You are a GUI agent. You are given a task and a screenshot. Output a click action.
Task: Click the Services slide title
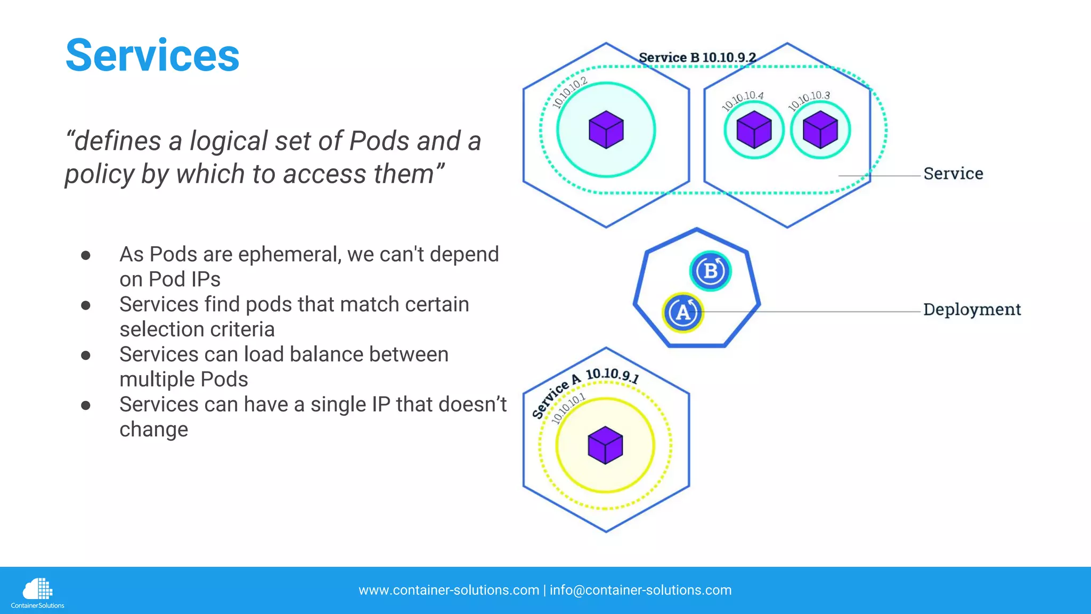[x=152, y=55]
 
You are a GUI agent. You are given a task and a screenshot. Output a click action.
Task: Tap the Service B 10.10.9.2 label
[x=697, y=57]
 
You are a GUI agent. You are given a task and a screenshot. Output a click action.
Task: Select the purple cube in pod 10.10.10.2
[x=606, y=130]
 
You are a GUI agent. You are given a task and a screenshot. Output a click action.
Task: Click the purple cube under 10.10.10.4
[x=754, y=130]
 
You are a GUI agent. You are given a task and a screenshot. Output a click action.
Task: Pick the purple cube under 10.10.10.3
[x=820, y=130]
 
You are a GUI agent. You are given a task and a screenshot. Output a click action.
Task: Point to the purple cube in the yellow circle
[x=605, y=445]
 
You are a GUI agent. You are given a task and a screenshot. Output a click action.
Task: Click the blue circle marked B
[x=710, y=271]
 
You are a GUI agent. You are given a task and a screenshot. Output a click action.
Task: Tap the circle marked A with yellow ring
[x=683, y=312]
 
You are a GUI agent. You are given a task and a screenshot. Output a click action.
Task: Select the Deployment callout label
[x=972, y=309]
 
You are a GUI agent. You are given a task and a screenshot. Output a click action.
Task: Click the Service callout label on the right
[x=953, y=173]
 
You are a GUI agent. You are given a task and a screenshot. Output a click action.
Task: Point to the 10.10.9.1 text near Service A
[x=612, y=375]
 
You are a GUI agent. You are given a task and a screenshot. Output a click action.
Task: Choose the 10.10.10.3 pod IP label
[x=809, y=99]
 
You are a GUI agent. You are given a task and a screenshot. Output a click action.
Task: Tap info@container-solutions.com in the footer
[x=640, y=590]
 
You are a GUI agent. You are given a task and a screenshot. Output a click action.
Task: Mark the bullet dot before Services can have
[x=86, y=406]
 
